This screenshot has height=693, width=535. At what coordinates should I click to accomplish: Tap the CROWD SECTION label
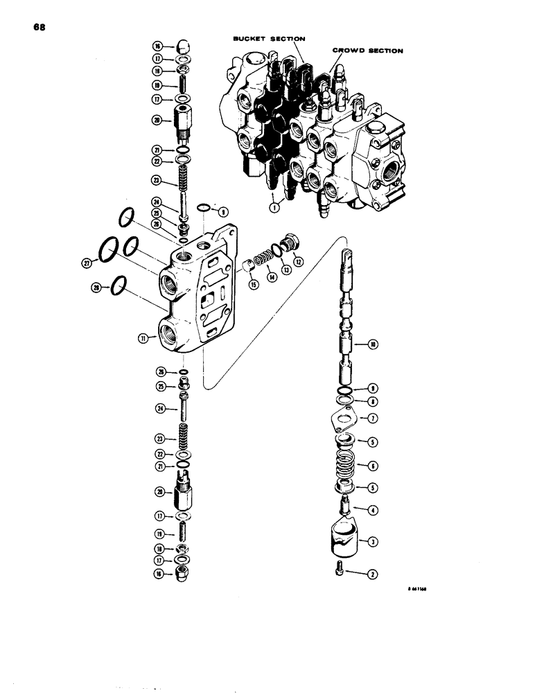coord(367,51)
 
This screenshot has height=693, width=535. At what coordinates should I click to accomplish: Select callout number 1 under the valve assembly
coord(276,205)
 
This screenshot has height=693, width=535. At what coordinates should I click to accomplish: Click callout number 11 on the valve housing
coord(143,338)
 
